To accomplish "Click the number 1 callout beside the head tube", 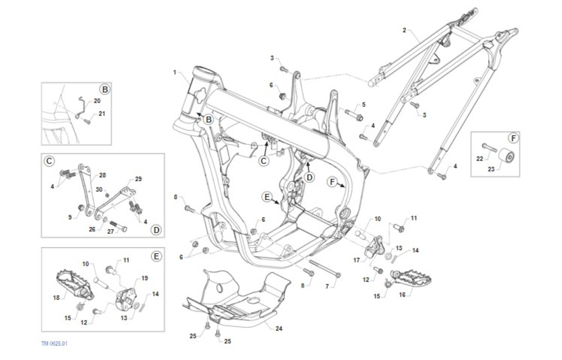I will [x=175, y=73].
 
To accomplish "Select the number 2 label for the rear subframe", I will [x=404, y=30].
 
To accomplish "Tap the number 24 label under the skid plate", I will [x=279, y=329].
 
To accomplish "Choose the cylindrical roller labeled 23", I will [x=506, y=157].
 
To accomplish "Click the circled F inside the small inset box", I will [x=513, y=138].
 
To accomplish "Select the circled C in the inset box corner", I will [x=49, y=161].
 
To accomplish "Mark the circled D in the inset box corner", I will [x=156, y=230].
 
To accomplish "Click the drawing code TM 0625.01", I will [x=55, y=344].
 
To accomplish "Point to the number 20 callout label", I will [x=97, y=101].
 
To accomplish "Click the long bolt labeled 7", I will [x=323, y=270].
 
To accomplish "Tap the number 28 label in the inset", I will [x=103, y=176].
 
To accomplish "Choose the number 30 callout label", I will [x=99, y=189].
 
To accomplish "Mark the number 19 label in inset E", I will [x=145, y=278].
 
